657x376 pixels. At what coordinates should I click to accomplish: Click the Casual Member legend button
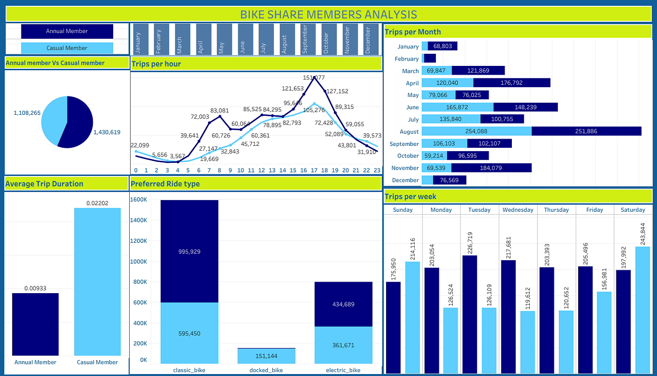click(67, 48)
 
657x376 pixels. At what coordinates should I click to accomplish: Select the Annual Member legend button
click(67, 31)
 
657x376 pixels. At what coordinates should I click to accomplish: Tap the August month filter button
click(284, 39)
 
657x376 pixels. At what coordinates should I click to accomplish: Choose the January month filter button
click(138, 39)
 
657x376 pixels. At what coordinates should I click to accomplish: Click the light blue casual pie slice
click(53, 119)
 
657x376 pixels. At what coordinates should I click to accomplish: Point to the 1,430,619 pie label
click(106, 132)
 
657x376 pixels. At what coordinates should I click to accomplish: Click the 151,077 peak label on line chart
click(314, 78)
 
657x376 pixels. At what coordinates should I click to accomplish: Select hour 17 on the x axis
click(314, 170)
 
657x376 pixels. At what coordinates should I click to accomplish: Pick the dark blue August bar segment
click(586, 131)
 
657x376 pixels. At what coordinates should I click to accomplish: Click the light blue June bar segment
click(457, 107)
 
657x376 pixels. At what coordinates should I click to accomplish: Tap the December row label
click(405, 180)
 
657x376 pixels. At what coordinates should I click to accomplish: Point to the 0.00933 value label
click(35, 288)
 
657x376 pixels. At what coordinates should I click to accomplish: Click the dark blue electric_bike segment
click(343, 304)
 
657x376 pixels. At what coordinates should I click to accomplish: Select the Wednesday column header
click(518, 210)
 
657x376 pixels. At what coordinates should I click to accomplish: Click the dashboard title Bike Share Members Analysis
click(328, 14)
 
